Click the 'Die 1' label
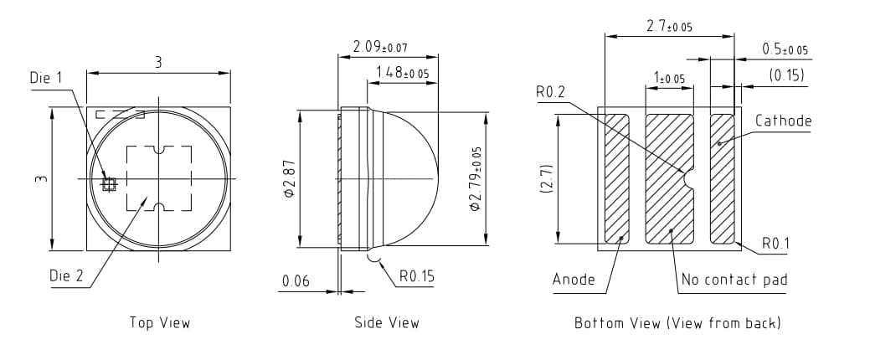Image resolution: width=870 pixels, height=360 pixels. pos(46,78)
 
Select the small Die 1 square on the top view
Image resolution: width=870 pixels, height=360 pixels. pos(108,183)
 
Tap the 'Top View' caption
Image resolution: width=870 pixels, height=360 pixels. pos(159,322)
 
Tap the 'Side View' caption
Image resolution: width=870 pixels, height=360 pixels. pos(386,322)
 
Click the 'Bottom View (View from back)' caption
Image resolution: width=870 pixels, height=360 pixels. pos(677,322)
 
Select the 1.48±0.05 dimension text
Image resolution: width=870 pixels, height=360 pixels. pos(402,73)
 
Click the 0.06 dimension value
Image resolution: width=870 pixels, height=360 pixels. pos(296,281)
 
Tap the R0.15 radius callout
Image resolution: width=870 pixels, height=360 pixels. pos(417,275)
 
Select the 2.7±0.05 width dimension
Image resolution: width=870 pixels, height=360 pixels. pos(669,27)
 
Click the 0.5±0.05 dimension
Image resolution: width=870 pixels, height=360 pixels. pos(785,49)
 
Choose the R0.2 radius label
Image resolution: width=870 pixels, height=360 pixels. pos(552,92)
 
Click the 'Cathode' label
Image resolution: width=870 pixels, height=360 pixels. pos(783,121)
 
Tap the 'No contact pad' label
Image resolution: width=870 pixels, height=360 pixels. pos(734,279)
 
